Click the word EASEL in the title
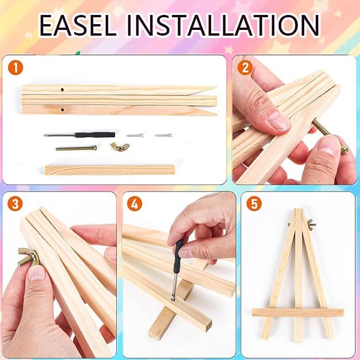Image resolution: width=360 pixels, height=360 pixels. click(78, 25)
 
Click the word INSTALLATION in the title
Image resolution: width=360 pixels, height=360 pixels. click(223, 25)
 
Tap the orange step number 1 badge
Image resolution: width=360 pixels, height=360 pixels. click(16, 68)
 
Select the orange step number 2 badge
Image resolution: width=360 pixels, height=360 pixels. click(245, 68)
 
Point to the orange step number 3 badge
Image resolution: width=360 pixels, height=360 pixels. click(15, 204)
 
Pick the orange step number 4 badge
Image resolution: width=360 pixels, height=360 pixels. click(135, 204)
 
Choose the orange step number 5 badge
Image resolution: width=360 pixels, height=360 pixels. click(254, 204)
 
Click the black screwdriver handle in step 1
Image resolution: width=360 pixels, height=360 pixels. click(95, 135)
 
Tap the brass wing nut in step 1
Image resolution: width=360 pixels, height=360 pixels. click(120, 147)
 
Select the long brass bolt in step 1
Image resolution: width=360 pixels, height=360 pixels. click(76, 148)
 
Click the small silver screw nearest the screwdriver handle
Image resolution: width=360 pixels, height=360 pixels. click(135, 136)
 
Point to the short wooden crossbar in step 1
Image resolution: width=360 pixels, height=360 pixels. click(110, 170)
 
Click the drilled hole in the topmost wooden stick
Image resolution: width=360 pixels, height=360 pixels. click(62, 90)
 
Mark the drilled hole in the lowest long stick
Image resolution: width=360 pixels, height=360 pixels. click(62, 109)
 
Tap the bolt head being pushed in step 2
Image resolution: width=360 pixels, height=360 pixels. click(344, 150)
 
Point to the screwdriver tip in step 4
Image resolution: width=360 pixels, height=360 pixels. click(173, 298)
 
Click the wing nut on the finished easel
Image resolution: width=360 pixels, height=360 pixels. click(312, 224)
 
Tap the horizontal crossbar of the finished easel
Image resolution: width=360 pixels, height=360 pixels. click(298, 313)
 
